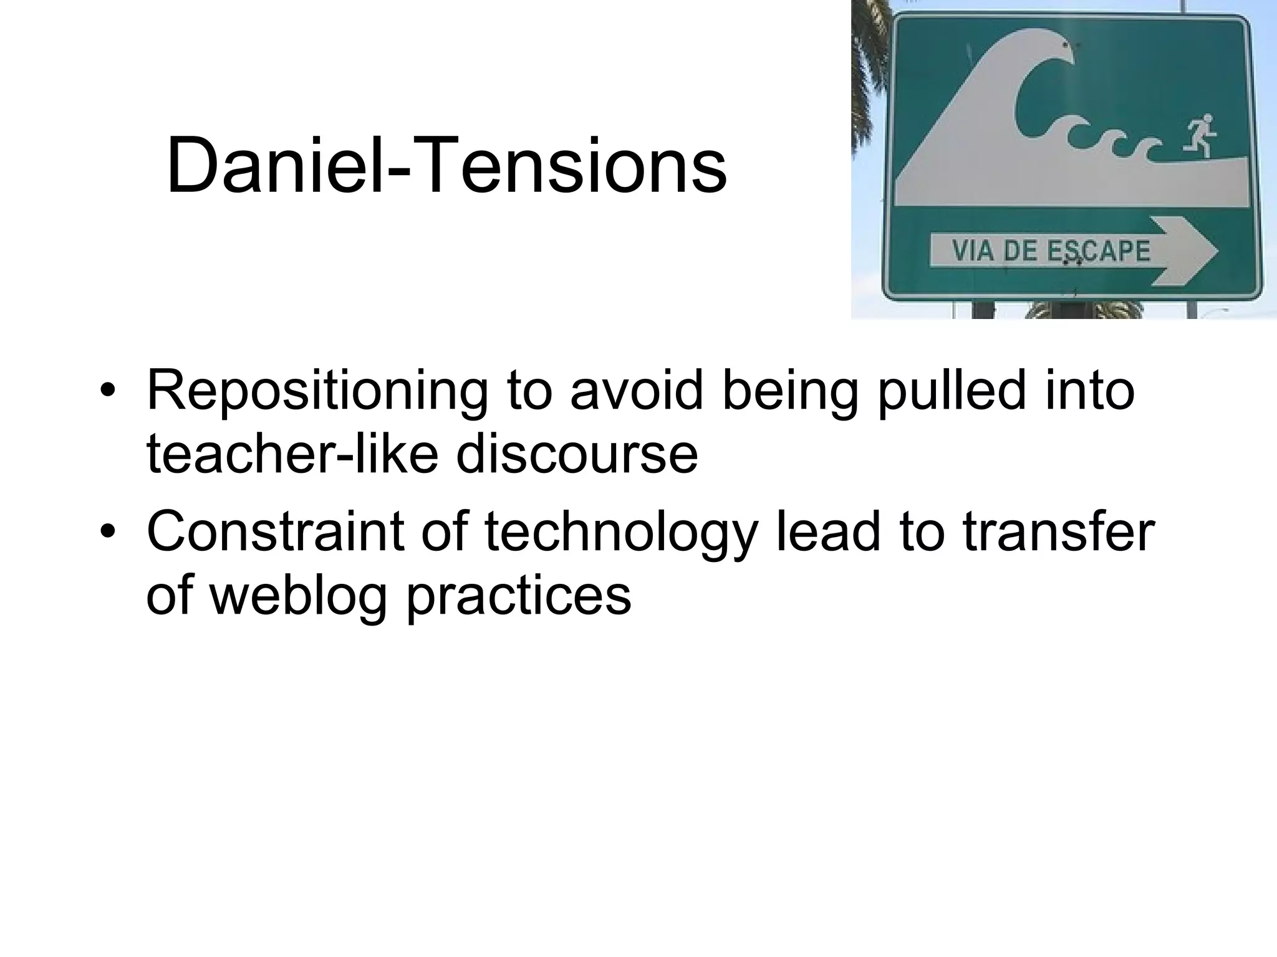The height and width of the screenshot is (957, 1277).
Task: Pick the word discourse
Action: [x=577, y=454]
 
